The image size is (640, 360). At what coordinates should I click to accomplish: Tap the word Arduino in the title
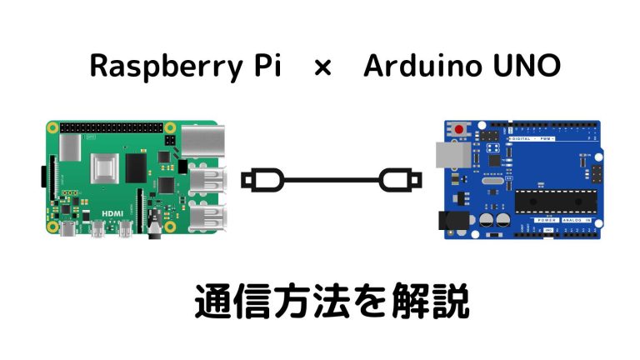coord(415,67)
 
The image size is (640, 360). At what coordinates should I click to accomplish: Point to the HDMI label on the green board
coord(112,214)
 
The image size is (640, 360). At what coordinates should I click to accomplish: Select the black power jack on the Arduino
coord(452,219)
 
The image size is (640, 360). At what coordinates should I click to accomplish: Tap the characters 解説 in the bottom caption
coord(435,302)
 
